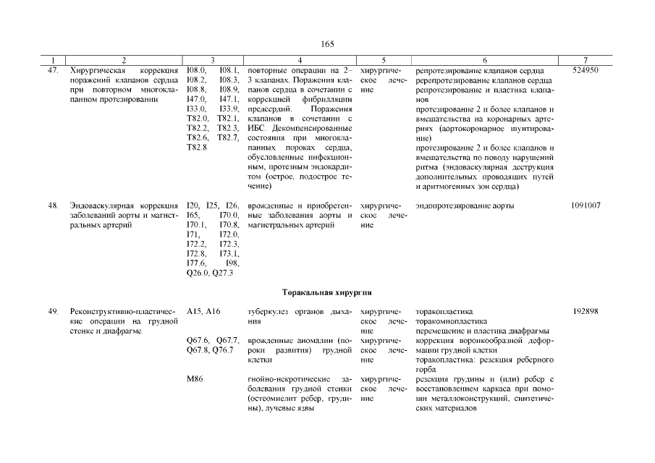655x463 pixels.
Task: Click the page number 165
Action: click(x=327, y=44)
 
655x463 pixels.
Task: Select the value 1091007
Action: click(x=586, y=206)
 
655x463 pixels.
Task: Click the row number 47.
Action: click(x=52, y=70)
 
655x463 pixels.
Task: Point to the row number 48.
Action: click(x=52, y=206)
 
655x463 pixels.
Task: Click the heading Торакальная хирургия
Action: click(x=326, y=292)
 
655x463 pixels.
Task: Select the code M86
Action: click(x=194, y=380)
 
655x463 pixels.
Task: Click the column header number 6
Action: click(x=484, y=59)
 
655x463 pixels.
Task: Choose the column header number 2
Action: click(x=124, y=59)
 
